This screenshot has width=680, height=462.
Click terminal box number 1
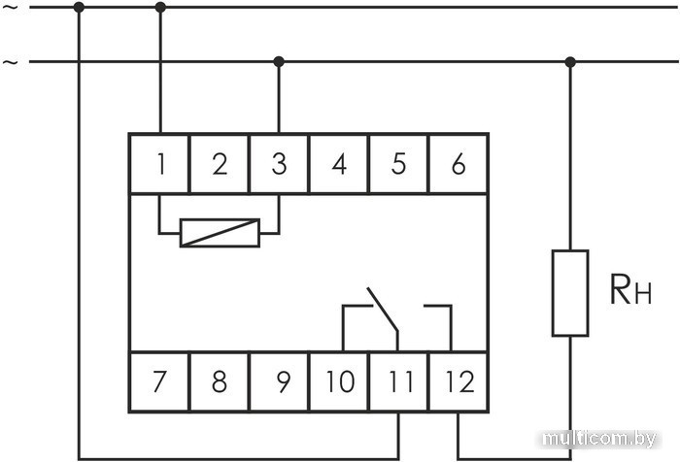(160, 164)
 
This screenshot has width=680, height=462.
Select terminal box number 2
(220, 164)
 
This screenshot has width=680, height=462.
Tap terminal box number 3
(279, 164)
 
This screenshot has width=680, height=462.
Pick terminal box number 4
(339, 164)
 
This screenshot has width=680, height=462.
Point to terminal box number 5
(398, 164)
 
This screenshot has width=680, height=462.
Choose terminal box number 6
(458, 164)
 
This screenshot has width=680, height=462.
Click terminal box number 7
(160, 381)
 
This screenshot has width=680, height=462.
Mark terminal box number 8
(220, 381)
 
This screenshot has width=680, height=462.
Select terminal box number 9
(280, 381)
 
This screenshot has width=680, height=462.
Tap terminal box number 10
(339, 381)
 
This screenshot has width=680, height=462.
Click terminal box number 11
(398, 381)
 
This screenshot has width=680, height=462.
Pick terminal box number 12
(458, 381)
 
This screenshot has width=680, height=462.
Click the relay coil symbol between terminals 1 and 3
(220, 233)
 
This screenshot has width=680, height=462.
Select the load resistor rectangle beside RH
(570, 293)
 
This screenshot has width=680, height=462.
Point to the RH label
(630, 290)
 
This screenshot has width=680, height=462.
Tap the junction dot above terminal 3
(279, 61)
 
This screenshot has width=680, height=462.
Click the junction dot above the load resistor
(570, 62)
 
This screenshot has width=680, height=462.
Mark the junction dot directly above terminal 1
(160, 7)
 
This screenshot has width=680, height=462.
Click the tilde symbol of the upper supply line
(11, 8)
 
